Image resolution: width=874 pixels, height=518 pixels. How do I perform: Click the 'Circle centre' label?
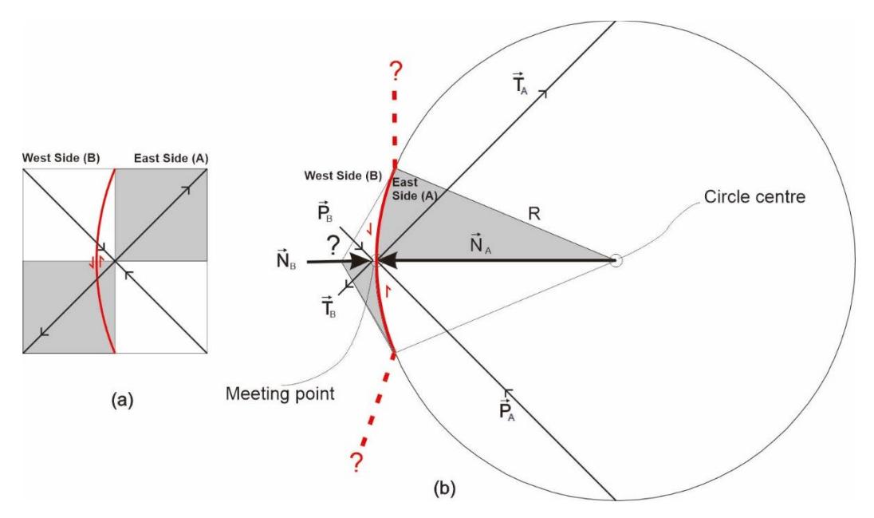coord(754,197)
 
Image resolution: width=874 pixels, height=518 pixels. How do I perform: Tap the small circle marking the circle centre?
coord(616,260)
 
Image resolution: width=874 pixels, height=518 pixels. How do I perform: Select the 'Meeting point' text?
coord(280,393)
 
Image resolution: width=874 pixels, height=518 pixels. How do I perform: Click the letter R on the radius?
coord(534,214)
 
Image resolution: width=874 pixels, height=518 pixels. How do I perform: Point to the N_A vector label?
coord(481,243)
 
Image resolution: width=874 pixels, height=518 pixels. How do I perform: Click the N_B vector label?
coord(286,259)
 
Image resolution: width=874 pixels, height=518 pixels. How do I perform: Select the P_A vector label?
coord(506,410)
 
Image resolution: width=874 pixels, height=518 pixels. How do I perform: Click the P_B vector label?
coord(326,212)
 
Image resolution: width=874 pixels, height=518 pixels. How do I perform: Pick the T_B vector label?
coord(329,307)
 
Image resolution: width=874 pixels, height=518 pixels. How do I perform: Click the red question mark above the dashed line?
coord(396,72)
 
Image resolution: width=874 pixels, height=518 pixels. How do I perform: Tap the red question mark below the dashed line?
coord(355,463)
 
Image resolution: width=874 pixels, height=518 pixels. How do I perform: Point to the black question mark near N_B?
coord(333,245)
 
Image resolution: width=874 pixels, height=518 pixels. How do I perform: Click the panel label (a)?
coord(123,400)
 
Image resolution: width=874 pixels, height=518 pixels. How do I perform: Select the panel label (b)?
coord(444,488)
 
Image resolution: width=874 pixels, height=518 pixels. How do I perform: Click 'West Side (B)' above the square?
coord(61,158)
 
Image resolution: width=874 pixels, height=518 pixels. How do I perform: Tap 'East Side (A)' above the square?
coord(171,159)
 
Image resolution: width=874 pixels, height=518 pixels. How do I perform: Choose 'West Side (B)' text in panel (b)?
coord(343,176)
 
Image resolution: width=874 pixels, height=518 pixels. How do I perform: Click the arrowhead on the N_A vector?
coord(388,260)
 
